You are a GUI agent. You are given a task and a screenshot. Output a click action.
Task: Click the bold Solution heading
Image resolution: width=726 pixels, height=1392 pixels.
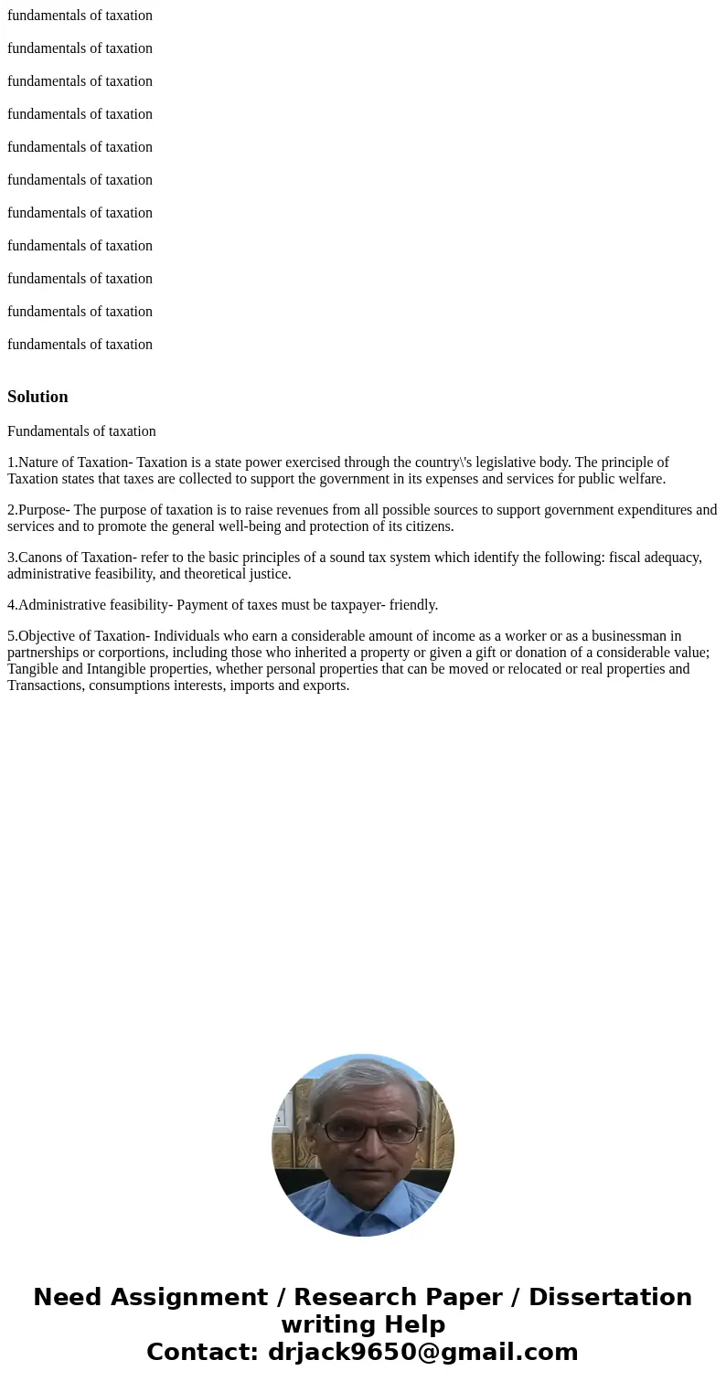[37, 397]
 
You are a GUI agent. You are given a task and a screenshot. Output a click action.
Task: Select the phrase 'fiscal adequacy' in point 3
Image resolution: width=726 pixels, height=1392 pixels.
[653, 558]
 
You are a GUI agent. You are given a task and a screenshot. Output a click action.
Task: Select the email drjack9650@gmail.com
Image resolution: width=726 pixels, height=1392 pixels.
[422, 1352]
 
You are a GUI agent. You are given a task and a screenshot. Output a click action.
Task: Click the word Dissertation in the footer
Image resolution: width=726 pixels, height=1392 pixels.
[610, 1297]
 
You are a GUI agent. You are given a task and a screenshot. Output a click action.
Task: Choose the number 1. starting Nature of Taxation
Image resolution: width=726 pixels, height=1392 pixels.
[12, 462]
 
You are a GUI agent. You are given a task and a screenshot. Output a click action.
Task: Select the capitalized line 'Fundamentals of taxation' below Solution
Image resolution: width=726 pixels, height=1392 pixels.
[81, 431]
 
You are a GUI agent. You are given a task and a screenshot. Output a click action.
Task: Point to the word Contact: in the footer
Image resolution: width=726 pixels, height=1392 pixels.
[203, 1352]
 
